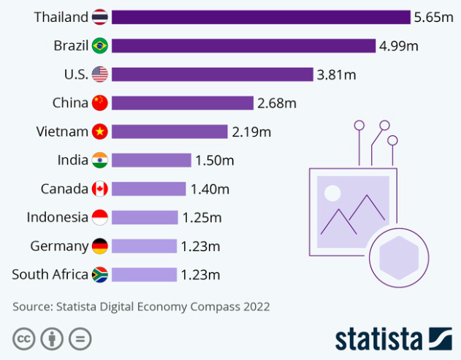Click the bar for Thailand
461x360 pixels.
click(261, 17)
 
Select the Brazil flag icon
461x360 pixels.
click(100, 46)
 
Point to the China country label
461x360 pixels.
click(70, 103)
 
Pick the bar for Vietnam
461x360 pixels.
click(169, 131)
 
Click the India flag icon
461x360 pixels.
click(100, 160)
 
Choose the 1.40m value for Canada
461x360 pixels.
click(210, 189)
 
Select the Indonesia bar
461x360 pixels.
click(145, 218)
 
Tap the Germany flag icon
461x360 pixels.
click(100, 246)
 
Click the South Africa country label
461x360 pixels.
click(50, 275)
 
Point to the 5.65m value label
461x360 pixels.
click(434, 17)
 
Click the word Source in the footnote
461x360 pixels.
click(34, 307)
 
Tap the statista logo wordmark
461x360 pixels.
click(378, 340)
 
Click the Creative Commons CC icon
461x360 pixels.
click(24, 339)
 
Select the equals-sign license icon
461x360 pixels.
click(80, 339)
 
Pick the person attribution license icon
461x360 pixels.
click(52, 339)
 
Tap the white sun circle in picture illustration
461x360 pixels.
click(332, 194)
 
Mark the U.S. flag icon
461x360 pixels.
click(100, 74)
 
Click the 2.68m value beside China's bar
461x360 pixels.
click(277, 103)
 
